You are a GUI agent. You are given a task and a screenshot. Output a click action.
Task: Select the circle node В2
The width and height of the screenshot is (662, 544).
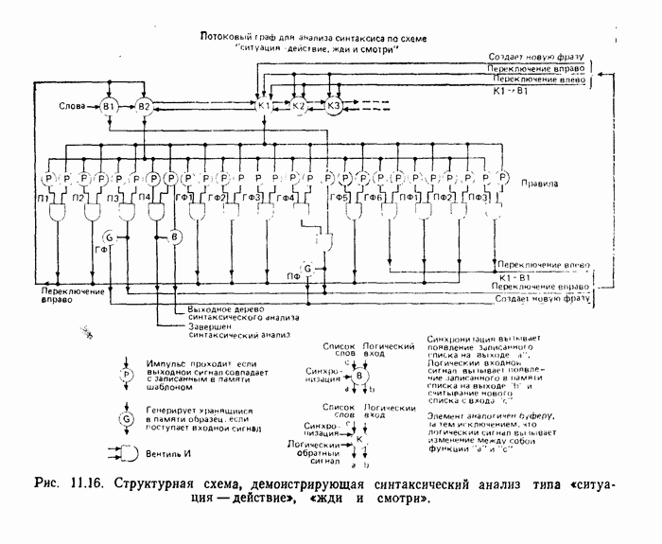tap(144, 106)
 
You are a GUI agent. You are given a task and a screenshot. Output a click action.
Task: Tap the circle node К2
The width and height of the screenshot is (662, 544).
tap(298, 106)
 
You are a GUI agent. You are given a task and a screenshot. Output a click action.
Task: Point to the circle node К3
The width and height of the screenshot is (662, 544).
tap(333, 106)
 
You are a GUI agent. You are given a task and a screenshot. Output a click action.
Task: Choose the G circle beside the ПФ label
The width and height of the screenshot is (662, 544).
tap(306, 268)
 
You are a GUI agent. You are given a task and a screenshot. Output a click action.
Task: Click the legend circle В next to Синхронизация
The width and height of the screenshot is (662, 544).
tap(358, 376)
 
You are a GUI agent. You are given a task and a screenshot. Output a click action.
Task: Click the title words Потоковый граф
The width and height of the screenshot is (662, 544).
tap(236, 37)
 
